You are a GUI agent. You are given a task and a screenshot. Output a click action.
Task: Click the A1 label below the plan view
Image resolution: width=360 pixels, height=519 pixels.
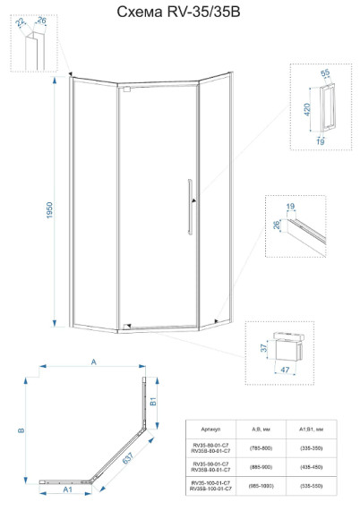(x=66, y=489)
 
